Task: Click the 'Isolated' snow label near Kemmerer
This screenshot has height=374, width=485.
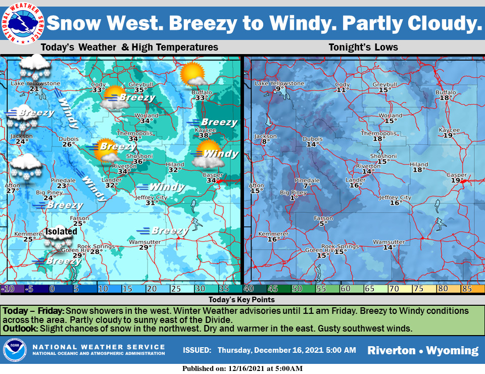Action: pos(61,231)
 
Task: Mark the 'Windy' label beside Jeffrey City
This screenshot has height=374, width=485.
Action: pos(167,188)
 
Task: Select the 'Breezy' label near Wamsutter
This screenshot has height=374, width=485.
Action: pos(169,231)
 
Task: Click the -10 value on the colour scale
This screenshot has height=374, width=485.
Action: pos(7,289)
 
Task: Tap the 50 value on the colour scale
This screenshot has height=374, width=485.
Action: pos(297,289)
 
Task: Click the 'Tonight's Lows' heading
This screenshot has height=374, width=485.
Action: pos(363,48)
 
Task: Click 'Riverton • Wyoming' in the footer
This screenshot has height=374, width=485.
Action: pos(422,350)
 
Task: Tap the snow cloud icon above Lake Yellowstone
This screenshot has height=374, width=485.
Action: pos(34,65)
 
